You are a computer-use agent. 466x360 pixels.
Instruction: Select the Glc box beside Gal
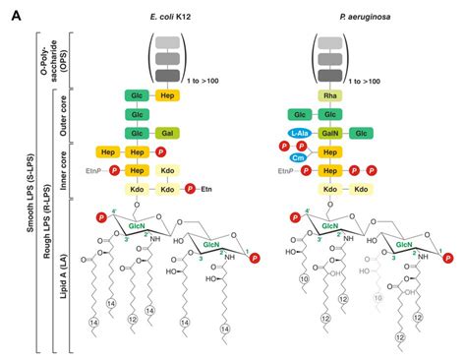[x=138, y=132]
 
